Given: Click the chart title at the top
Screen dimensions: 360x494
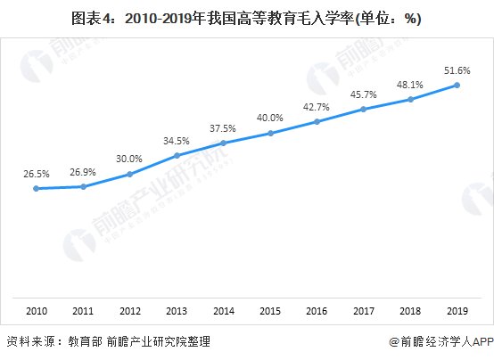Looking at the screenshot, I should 247,18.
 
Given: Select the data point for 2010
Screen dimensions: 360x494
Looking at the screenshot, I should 36,188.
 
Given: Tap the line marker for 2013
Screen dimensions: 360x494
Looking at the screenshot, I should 177,155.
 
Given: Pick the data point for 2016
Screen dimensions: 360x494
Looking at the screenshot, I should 317,121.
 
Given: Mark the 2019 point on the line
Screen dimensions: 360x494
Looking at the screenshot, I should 457,85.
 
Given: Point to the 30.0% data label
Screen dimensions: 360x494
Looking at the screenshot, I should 129,159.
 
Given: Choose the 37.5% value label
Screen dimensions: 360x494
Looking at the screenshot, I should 223,127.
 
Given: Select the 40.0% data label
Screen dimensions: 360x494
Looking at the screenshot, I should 270,118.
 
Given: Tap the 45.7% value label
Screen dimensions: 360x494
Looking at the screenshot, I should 363,94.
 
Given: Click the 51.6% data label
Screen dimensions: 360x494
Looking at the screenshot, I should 457,70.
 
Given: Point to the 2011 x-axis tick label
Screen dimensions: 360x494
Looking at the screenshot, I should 83,311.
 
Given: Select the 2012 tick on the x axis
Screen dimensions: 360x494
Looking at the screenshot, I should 129,311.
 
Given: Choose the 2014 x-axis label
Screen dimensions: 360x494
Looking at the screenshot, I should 223,311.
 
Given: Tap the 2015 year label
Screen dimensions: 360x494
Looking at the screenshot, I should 270,311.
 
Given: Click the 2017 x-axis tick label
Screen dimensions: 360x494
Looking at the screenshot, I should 363,311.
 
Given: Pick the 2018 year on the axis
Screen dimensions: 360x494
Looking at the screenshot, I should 410,311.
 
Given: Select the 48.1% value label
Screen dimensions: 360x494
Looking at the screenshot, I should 410,84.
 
